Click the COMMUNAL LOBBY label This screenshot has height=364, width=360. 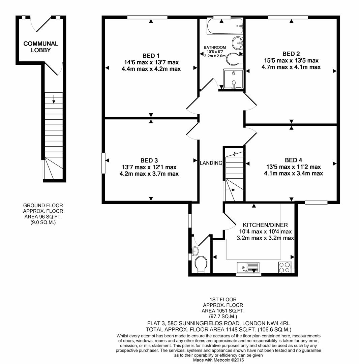(41, 47)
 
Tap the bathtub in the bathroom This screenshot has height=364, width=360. (225, 26)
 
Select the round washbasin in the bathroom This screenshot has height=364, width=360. (238, 43)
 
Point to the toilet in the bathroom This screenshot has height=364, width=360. (234, 59)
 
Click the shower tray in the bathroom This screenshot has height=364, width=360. (233, 79)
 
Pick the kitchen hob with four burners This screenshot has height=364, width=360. (285, 267)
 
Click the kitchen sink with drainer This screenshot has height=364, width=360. (248, 267)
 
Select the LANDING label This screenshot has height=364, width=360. (211, 163)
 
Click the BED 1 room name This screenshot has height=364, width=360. (151, 56)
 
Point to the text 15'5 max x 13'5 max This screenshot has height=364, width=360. (291, 60)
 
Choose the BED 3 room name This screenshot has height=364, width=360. (149, 160)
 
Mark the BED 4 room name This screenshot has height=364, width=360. (294, 160)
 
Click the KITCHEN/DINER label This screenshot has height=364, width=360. (265, 225)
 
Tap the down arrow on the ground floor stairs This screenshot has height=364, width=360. (54, 99)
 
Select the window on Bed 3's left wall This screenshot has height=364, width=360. (103, 163)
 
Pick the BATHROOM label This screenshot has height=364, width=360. (215, 48)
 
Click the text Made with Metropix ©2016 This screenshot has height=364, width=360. (219, 360)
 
